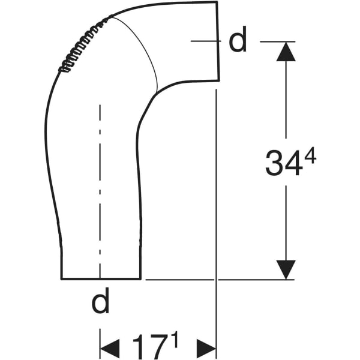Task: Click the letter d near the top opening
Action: [238, 41]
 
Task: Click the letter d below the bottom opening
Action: [101, 303]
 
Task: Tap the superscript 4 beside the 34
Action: [310, 156]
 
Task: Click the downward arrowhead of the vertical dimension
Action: [286, 269]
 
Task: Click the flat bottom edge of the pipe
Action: [101, 279]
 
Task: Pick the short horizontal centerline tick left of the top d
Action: [204, 41]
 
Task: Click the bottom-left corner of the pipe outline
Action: [61, 279]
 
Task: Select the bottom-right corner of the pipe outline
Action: [140, 279]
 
